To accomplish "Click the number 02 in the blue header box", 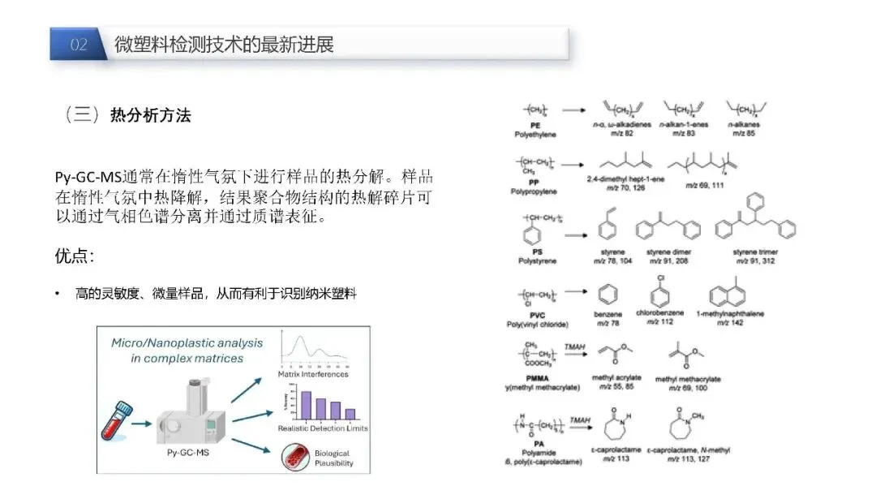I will (x=79, y=45).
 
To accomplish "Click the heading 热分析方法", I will (x=150, y=115).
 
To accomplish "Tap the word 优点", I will (x=71, y=256).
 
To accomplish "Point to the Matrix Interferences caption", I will (x=313, y=374).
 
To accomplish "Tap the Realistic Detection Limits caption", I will (x=323, y=428).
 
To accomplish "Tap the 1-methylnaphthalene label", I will (x=730, y=313).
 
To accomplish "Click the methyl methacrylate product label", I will (x=688, y=379).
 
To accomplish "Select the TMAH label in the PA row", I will (x=579, y=419).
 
